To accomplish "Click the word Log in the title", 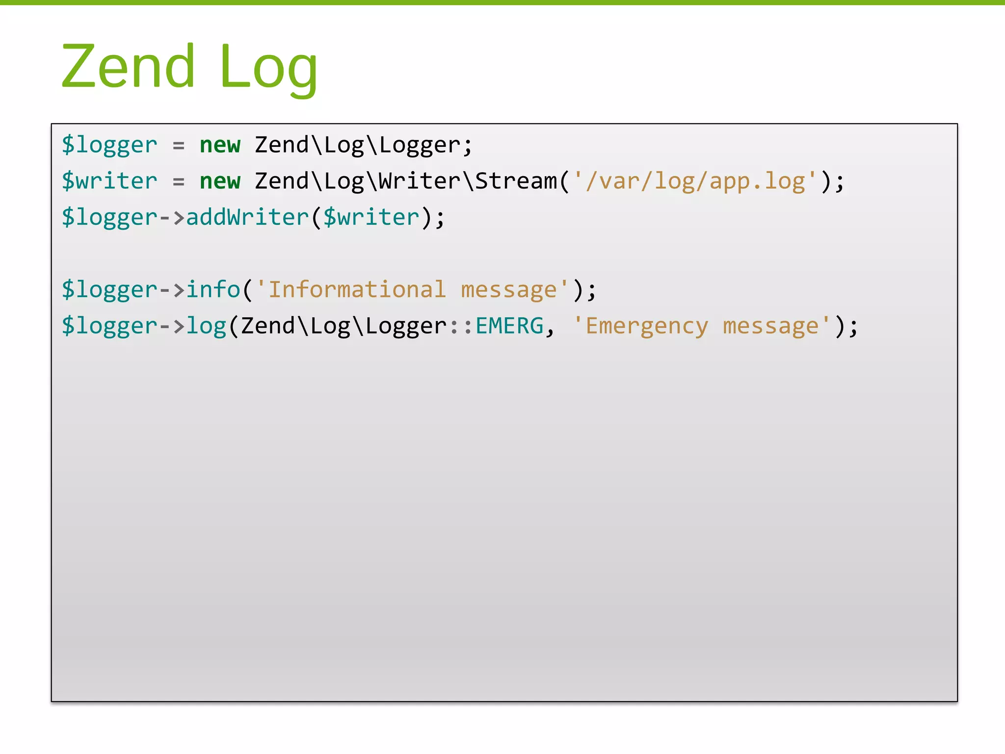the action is point(268,68).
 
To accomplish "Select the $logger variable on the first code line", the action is point(109,145).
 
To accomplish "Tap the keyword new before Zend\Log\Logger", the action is point(220,145).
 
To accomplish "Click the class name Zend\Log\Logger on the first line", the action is point(358,145).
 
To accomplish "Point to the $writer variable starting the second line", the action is point(109,182).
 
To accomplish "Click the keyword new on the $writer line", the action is point(220,182).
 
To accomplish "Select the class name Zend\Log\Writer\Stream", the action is point(406,182).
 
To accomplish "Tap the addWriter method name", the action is point(247,217).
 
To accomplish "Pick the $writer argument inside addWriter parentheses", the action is point(371,217).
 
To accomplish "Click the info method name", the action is point(213,290).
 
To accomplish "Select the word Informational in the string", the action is point(357,290).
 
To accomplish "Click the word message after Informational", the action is point(509,290).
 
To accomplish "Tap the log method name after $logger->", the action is point(206,326).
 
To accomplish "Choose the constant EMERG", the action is point(509,326).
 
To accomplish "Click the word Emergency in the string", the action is point(647,326).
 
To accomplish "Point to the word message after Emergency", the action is point(771,326).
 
